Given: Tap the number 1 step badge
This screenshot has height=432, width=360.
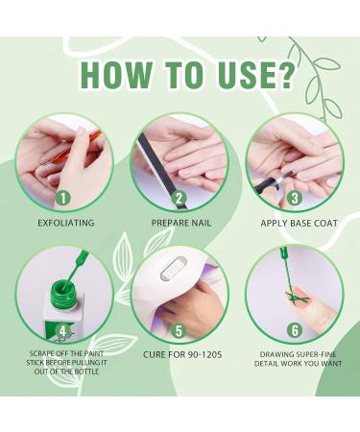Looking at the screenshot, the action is (63, 199).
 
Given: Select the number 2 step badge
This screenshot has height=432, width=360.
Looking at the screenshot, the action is (179, 199).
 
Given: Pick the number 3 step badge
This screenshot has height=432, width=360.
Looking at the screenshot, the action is (295, 199).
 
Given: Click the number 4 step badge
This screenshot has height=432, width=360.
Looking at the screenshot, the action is (63, 331).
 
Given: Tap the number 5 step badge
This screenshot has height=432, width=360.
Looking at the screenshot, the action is (179, 331).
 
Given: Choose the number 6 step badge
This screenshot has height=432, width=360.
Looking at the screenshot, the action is (295, 330).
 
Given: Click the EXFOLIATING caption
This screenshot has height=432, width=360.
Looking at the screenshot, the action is (66, 223).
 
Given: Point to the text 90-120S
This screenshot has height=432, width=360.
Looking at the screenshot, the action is (203, 354).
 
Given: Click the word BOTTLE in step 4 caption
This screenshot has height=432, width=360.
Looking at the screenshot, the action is (86, 372).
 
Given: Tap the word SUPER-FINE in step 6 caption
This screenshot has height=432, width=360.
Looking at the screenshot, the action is (317, 354).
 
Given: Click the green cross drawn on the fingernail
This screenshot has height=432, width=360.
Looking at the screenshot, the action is (296, 298).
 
